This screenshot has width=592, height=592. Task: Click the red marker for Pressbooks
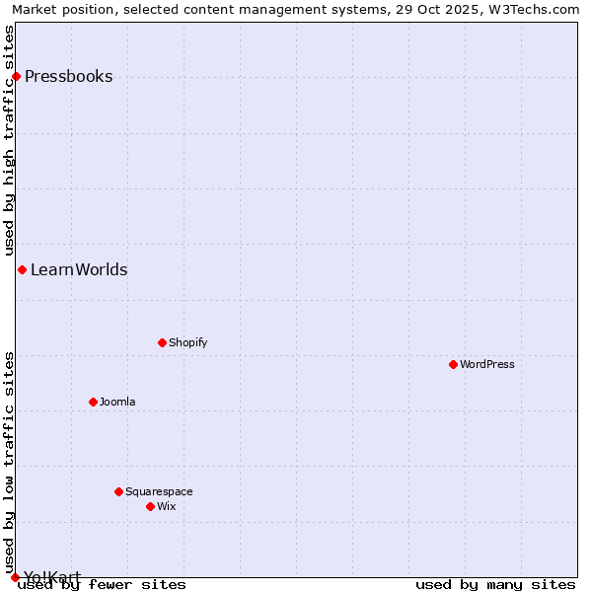point(16,77)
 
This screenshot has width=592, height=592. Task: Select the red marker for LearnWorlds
point(22,270)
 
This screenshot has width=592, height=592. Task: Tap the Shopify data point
point(162,343)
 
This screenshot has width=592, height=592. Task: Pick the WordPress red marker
point(453,365)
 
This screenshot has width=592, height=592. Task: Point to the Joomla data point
point(93,403)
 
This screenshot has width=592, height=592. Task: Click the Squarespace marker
point(118,491)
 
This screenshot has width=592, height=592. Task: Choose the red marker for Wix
point(150,507)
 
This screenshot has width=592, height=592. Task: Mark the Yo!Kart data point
point(15,577)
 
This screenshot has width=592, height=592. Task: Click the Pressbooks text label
point(68,77)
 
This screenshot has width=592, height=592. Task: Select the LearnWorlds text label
point(79,270)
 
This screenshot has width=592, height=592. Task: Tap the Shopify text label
point(187,343)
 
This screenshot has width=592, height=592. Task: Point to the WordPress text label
point(486,365)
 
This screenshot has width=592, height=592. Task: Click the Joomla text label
point(117,403)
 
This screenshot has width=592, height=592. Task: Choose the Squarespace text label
point(159,491)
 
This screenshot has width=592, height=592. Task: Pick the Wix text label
point(166,507)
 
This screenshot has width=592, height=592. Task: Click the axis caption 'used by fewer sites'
point(102,585)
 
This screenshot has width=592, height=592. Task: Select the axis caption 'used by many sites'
point(495,585)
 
